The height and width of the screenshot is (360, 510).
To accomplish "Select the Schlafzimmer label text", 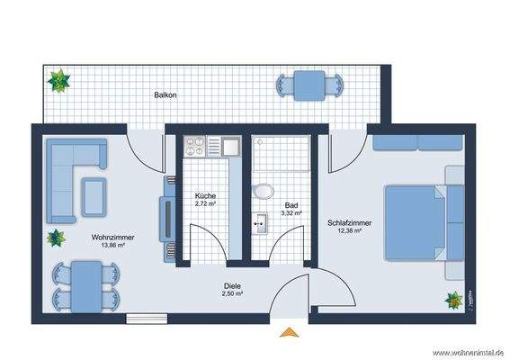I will click(349, 222).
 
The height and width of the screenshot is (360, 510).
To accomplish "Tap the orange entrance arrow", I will click(288, 333).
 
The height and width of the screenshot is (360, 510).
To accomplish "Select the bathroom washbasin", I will click(260, 221).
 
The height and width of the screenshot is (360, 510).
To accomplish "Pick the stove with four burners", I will click(196, 145).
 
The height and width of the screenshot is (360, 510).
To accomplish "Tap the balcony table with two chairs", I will click(310, 85).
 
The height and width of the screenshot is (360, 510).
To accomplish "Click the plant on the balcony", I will click(59, 81).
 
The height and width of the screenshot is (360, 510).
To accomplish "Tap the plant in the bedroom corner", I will click(454, 298).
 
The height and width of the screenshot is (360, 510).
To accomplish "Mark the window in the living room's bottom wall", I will click(143, 317).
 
